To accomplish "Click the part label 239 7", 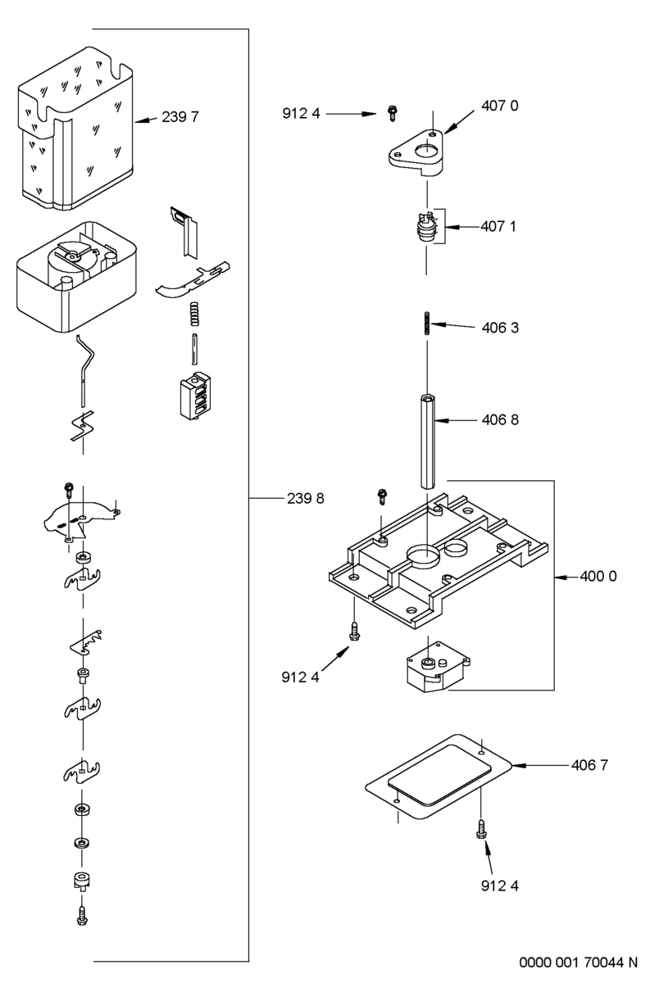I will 180,117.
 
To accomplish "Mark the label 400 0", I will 598,576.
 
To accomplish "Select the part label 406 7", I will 590,765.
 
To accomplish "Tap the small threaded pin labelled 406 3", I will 426,323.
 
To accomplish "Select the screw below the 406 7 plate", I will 480,831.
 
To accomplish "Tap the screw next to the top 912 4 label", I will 393,113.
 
